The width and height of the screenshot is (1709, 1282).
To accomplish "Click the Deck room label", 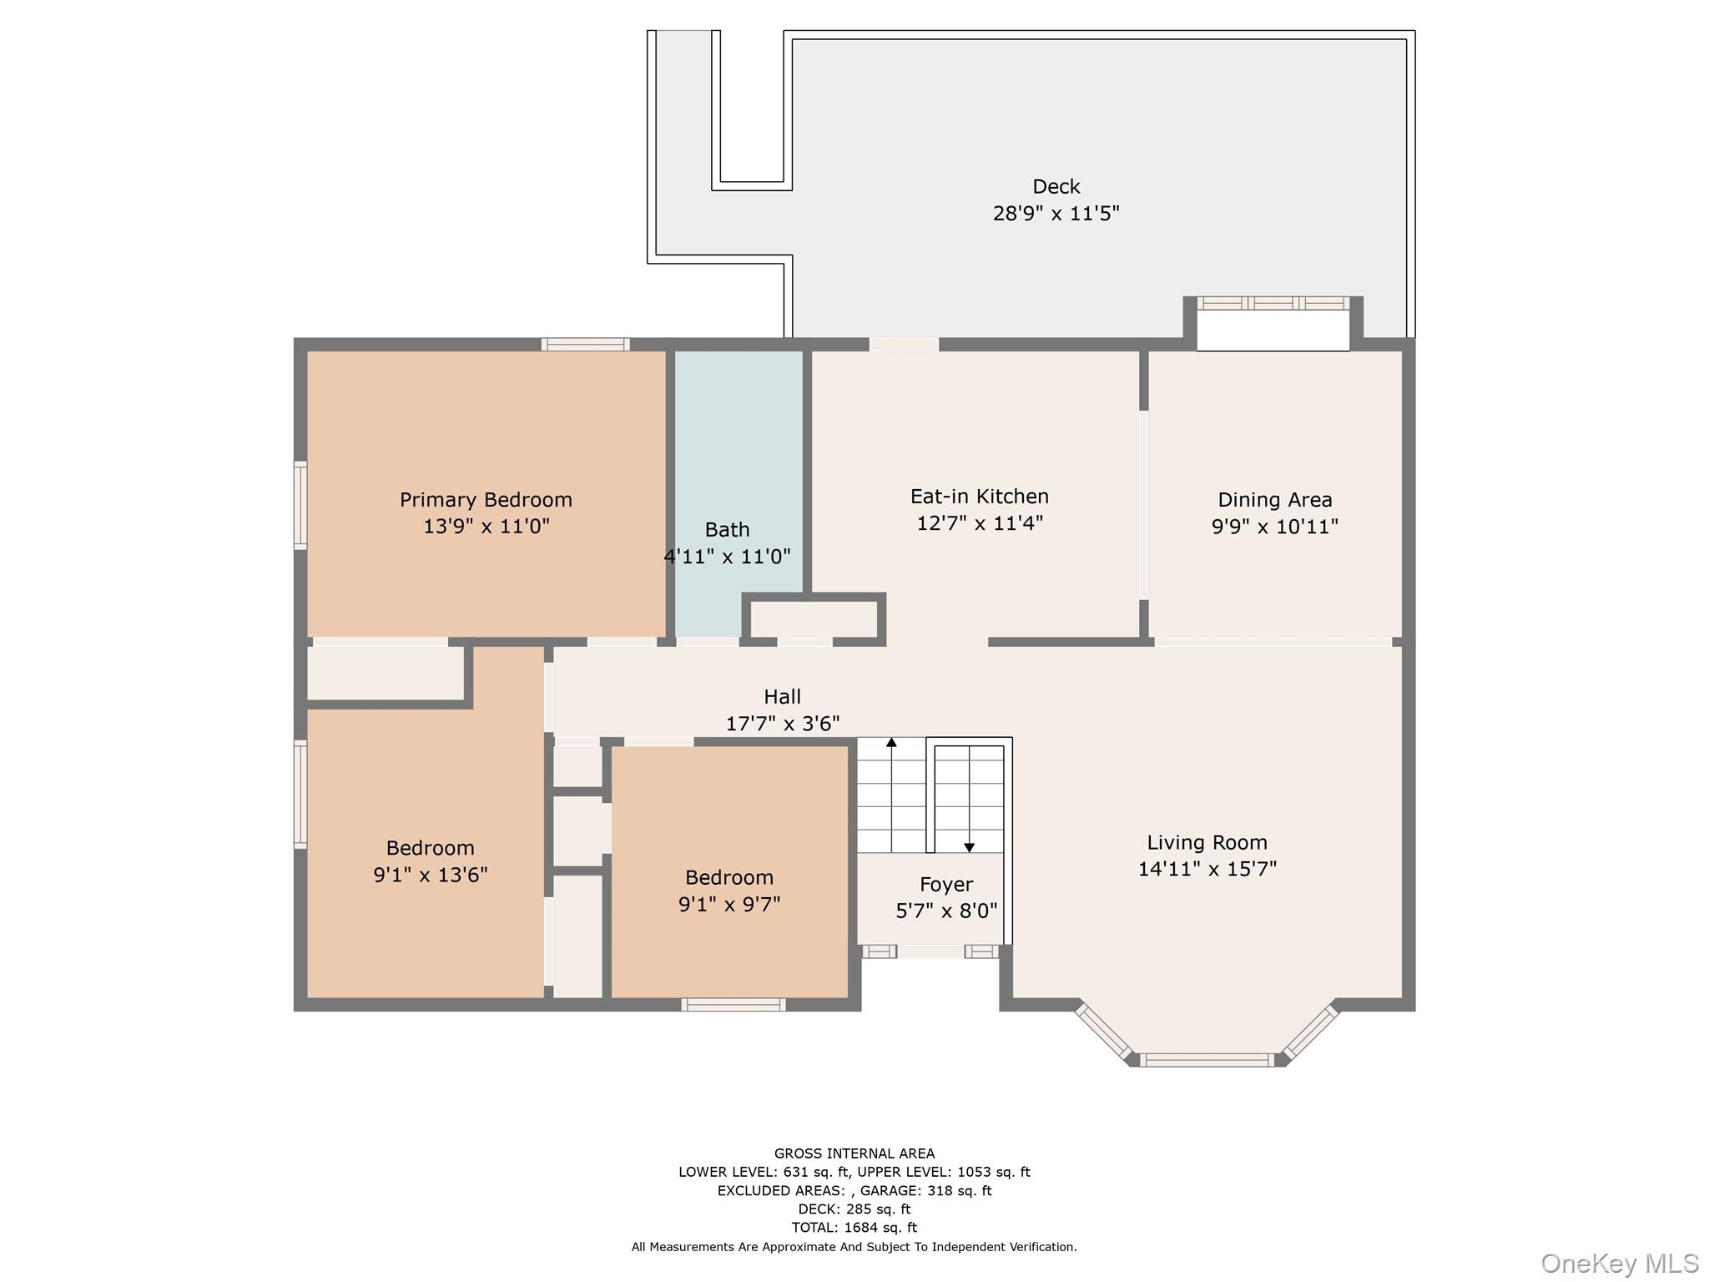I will [1056, 186].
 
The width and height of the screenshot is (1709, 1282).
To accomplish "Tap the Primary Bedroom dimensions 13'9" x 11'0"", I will [486, 527].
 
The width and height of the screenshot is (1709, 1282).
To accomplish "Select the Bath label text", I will [727, 530].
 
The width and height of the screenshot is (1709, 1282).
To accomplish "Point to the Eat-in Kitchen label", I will [979, 497].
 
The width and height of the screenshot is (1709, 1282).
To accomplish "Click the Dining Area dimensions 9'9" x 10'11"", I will [1274, 527].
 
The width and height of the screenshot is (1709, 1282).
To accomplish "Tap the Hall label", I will [782, 697].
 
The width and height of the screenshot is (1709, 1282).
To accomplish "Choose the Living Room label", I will [1207, 843].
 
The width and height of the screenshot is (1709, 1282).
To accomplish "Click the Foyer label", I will [946, 885].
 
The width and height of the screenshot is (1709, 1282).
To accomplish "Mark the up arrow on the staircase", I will [891, 742].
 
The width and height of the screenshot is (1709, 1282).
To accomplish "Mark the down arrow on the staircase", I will [969, 847].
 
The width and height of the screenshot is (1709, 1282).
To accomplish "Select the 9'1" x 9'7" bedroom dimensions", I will [729, 905].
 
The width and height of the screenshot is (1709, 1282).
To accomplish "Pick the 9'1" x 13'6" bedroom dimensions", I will [430, 875].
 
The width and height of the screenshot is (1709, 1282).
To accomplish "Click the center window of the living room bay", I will [1207, 1060].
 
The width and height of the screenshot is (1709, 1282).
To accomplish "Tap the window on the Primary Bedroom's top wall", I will [585, 344].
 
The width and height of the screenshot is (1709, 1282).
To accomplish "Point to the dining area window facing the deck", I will [1273, 303].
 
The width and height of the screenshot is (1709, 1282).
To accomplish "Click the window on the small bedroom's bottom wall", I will [734, 1005].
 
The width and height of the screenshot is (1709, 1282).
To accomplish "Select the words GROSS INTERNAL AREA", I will [854, 1153].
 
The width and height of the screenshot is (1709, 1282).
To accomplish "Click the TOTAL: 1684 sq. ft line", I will [854, 1227].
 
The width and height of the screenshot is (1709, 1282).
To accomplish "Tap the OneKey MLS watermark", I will [1619, 1263].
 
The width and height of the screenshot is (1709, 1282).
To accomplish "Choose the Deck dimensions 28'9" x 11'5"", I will [1056, 214].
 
